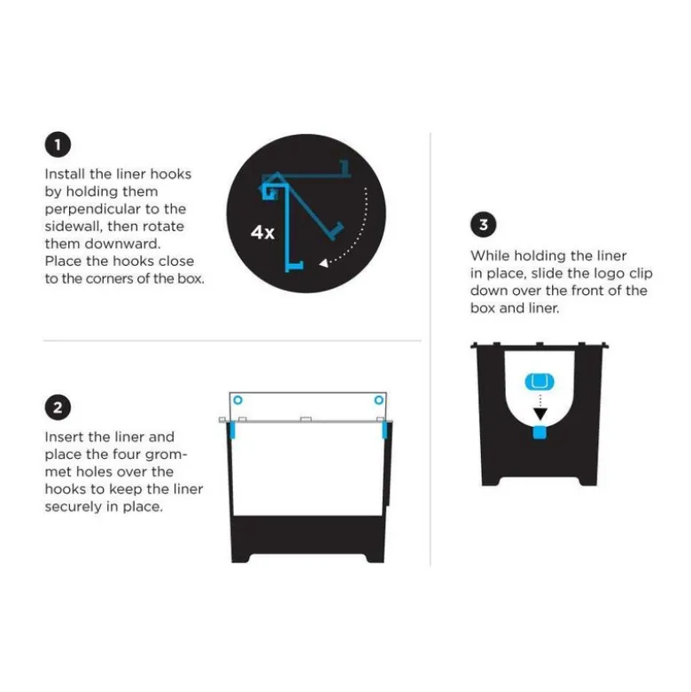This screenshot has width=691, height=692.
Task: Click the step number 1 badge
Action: tap(58, 144)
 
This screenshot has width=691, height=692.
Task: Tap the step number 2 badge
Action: tap(58, 408)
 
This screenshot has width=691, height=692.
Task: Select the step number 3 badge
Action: tap(483, 225)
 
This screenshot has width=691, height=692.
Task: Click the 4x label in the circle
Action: tap(262, 231)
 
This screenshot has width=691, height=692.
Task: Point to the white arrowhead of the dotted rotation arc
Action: tap(324, 263)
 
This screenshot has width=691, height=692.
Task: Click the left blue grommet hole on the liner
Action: tap(237, 400)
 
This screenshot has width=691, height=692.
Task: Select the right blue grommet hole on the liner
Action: tap(378, 400)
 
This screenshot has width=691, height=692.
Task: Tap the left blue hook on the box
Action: tap(232, 430)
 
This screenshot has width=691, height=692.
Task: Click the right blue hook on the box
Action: tap(384, 430)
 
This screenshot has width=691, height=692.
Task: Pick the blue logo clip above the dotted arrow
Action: tap(540, 381)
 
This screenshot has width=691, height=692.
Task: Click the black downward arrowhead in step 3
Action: tap(540, 414)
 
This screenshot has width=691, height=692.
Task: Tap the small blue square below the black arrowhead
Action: tap(540, 432)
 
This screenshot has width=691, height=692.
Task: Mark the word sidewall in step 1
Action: tap(73, 227)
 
